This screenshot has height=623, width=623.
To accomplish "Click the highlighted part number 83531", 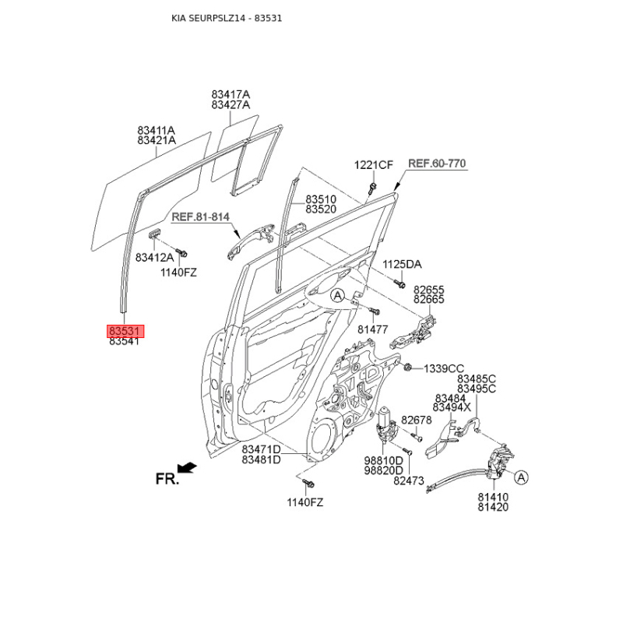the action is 125,330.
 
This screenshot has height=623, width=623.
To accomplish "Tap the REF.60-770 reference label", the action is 437,164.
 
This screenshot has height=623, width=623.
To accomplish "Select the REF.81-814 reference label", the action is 201,217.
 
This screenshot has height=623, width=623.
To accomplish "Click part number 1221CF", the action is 374,165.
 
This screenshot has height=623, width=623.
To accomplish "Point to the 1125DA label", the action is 402,264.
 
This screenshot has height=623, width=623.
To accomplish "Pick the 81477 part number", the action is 373,329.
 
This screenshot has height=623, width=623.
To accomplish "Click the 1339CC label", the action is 444,368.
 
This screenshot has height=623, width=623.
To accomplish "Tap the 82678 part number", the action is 417,420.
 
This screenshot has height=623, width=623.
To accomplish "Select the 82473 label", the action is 409,480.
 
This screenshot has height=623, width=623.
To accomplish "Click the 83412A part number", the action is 154,258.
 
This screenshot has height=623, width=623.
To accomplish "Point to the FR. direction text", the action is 167,479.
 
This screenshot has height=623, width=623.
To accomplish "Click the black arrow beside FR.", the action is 187,468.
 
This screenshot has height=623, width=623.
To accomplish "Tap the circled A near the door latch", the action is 521,477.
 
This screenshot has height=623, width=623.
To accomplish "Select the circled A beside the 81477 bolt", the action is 337,296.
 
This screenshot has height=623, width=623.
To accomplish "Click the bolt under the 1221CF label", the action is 372,188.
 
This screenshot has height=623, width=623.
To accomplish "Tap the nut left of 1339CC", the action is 407,368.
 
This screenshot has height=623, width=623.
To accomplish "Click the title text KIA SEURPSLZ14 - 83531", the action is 227,18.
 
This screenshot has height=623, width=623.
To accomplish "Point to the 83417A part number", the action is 231,94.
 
